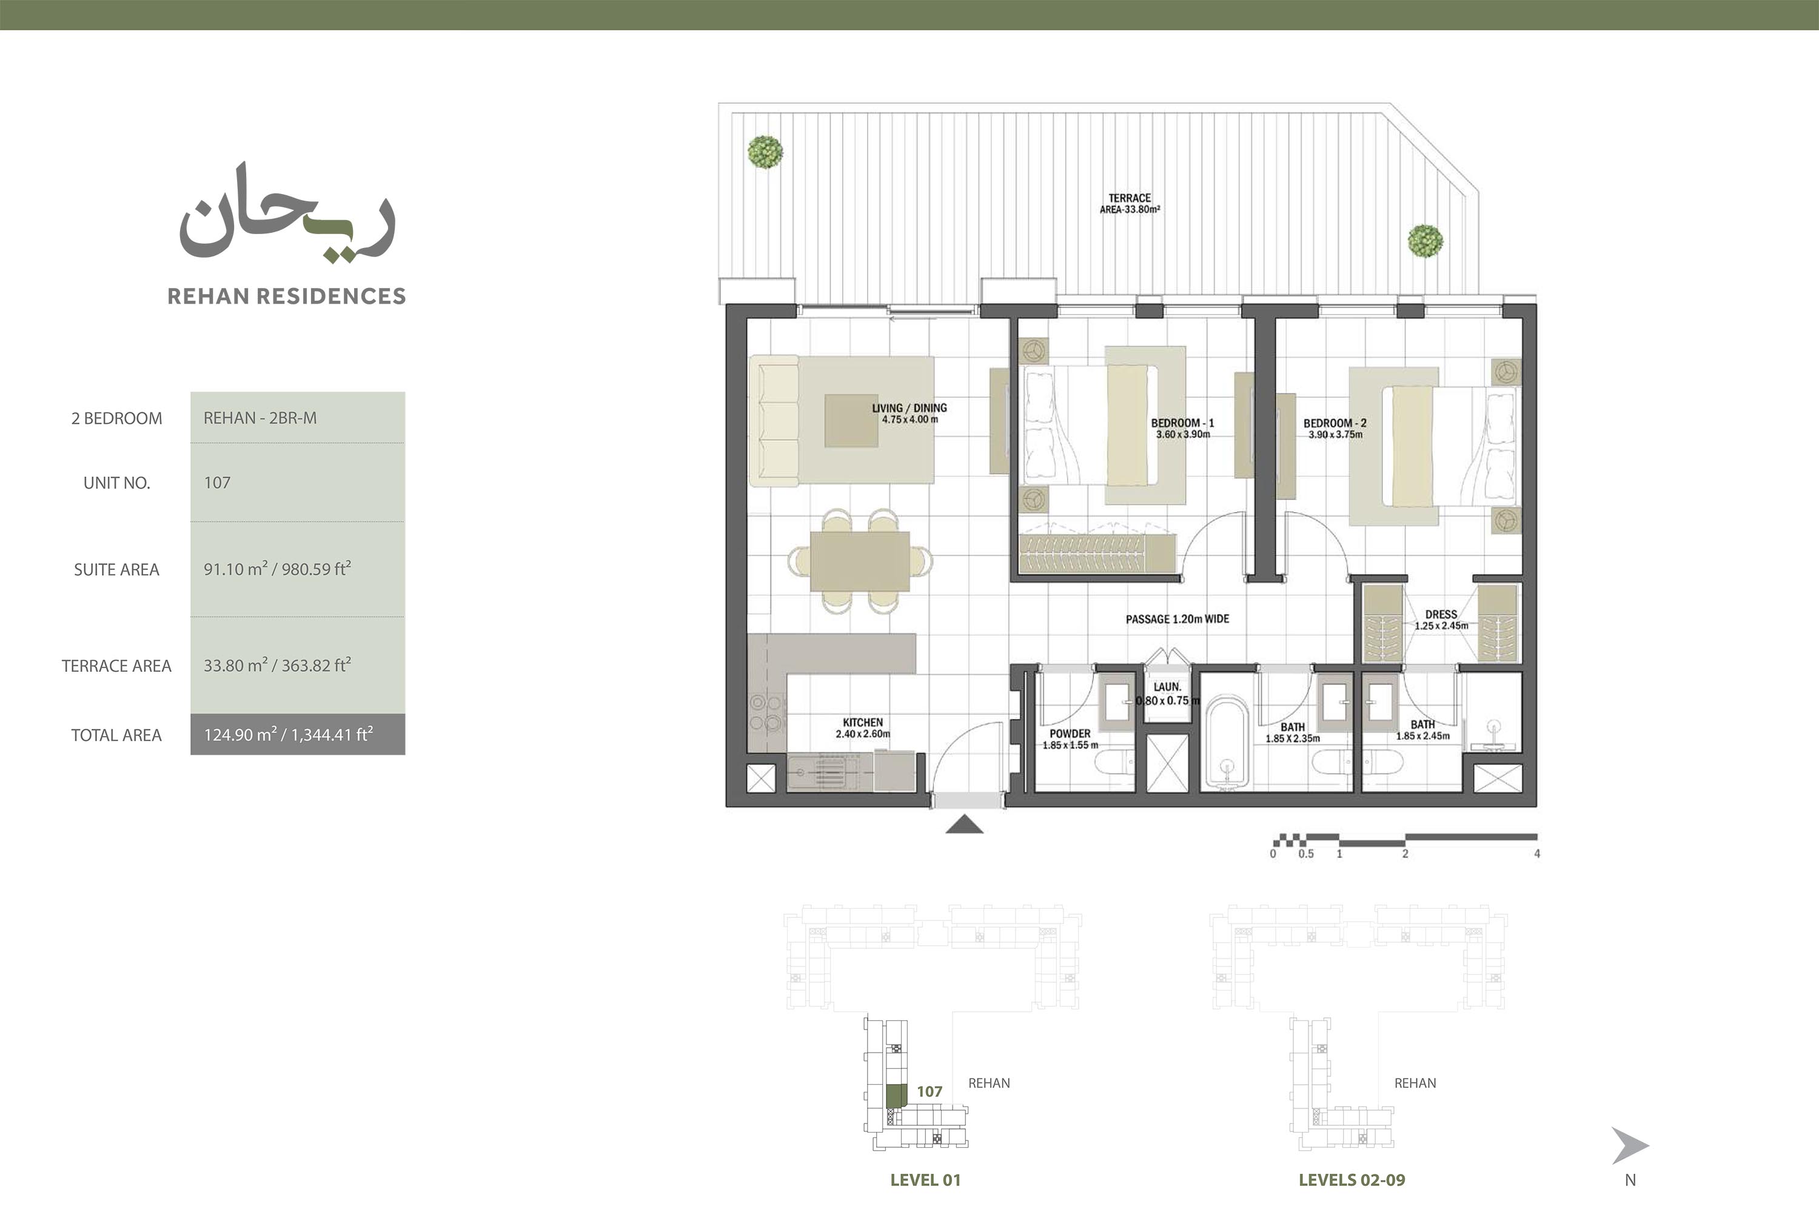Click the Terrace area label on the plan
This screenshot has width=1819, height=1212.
pos(1130,203)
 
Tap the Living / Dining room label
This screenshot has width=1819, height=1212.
pos(909,413)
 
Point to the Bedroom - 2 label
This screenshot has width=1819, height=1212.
pos(1335,428)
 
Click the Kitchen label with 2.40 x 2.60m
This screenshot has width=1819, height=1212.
pos(863,728)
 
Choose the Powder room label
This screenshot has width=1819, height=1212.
pos(1070,739)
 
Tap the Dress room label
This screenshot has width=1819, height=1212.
pos(1441,620)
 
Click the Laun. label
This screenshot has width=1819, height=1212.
pos(1167,686)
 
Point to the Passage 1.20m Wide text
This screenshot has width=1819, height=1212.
pos(1177,619)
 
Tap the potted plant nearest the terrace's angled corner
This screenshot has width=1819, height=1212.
pos(1425,241)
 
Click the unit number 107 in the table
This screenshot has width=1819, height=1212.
pos(217,483)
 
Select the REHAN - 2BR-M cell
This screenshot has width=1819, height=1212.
pos(298,417)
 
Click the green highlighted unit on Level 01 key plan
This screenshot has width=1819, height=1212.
pos(896,1096)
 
